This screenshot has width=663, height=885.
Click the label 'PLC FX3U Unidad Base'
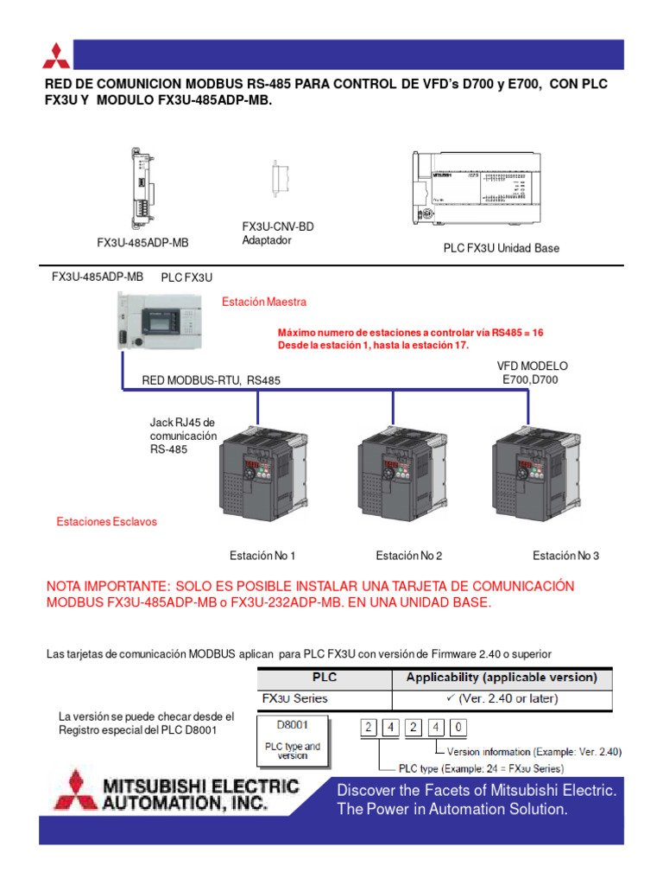click(x=501, y=248)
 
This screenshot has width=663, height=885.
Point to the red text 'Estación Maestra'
click(x=263, y=302)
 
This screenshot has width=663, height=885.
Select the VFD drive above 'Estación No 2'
click(x=397, y=480)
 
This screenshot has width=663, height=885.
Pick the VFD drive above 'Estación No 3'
click(x=531, y=480)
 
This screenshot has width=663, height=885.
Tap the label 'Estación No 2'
click(x=408, y=556)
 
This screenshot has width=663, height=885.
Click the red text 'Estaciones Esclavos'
click(x=107, y=523)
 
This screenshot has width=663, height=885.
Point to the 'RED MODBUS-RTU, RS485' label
click(x=211, y=379)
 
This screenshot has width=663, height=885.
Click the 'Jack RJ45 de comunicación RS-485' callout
click(x=181, y=436)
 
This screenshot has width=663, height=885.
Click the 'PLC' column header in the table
click(x=324, y=677)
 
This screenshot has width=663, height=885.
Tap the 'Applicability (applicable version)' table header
click(x=502, y=677)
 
